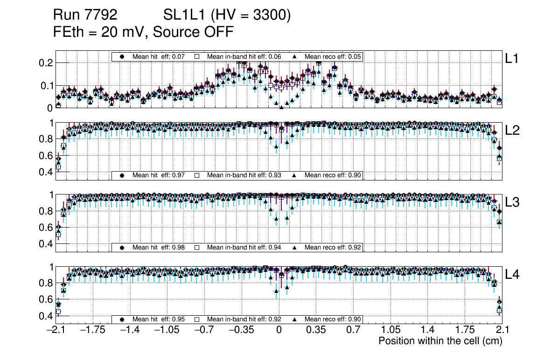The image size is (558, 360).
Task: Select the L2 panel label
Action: click(513, 130)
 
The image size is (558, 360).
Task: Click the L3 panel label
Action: click(513, 202)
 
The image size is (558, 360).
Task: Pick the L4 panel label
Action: click(513, 275)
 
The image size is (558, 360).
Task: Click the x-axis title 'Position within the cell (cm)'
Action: click(440, 341)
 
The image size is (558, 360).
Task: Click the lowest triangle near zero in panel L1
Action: click(281, 107)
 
